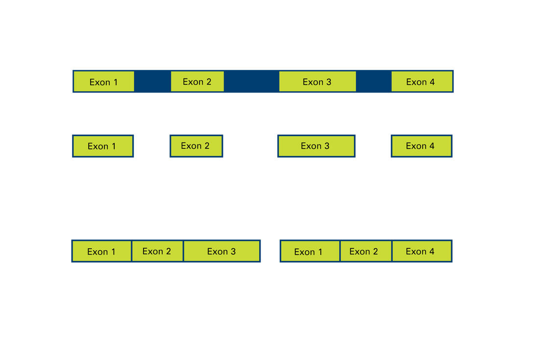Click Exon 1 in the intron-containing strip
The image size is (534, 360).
(104, 81)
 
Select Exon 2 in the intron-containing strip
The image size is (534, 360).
(197, 81)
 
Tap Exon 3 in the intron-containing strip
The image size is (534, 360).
(317, 81)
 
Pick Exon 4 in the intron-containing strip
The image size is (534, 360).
(422, 81)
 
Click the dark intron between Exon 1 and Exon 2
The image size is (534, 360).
(152, 81)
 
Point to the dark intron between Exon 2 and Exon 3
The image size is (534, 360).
(251, 81)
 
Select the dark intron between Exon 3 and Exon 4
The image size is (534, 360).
(374, 81)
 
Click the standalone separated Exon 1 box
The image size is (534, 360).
(103, 146)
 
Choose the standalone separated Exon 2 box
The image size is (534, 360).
(196, 146)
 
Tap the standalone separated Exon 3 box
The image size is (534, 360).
(316, 146)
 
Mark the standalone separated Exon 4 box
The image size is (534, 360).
(422, 146)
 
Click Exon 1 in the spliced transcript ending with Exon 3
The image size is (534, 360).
(101, 251)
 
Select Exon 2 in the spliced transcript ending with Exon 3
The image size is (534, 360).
(157, 251)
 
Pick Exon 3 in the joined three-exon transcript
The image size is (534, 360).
(222, 251)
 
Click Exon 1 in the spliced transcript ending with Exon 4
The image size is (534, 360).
(310, 251)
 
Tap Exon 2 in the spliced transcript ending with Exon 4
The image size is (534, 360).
(366, 251)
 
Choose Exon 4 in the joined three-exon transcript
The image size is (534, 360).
(422, 251)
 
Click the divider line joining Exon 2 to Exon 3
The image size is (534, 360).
(184, 251)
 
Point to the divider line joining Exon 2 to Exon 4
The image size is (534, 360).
(392, 251)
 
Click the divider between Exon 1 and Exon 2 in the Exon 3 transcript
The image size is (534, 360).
(132, 251)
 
